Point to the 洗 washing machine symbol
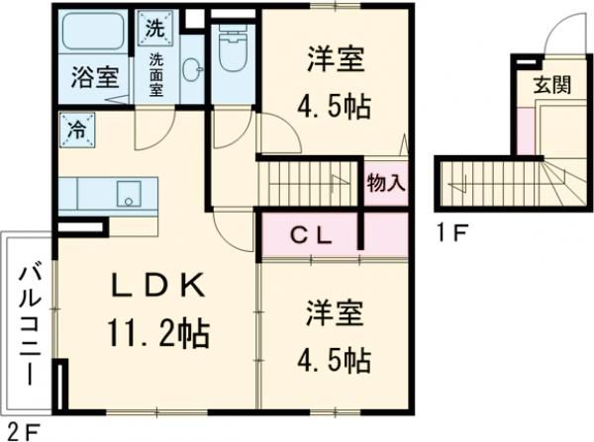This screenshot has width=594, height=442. tap(154, 28)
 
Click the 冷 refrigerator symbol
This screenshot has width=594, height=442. tap(75, 127)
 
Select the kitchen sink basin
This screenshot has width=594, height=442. tap(130, 193)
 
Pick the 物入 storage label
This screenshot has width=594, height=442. tap(385, 183)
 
